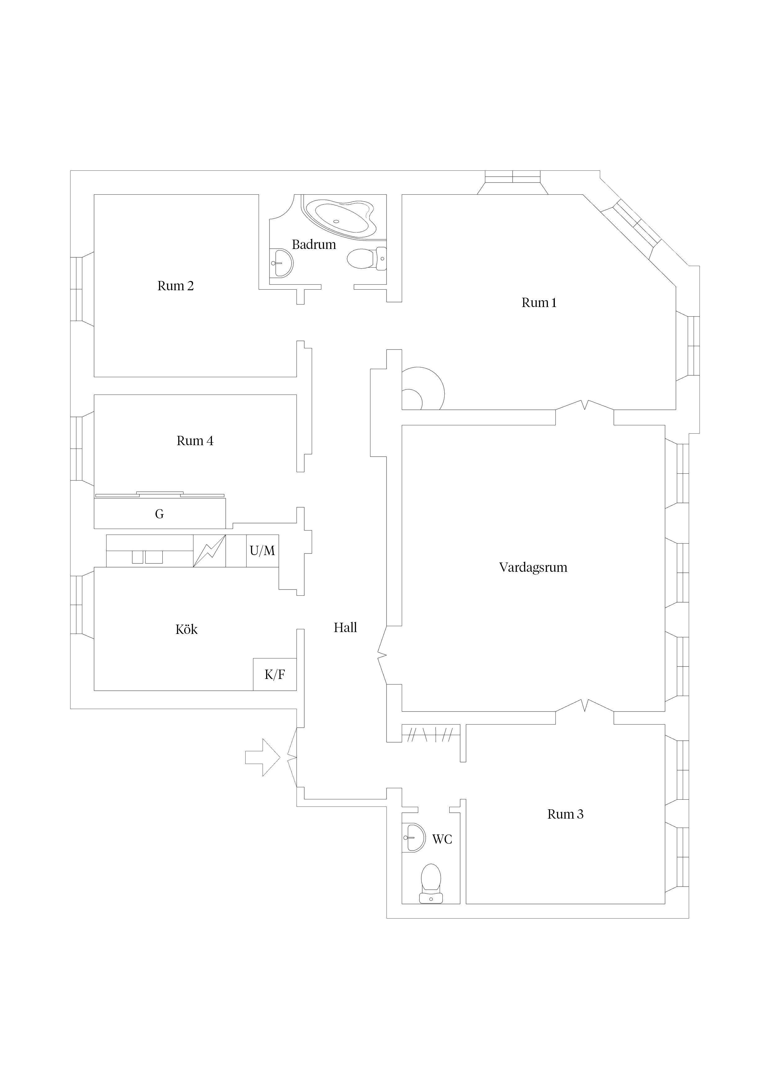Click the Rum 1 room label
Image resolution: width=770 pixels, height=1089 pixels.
(539, 303)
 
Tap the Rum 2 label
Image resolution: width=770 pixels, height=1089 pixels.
(175, 286)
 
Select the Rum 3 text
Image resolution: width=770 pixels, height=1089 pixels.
(565, 814)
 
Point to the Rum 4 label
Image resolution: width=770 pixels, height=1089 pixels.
(195, 441)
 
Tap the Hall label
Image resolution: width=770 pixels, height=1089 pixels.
(345, 627)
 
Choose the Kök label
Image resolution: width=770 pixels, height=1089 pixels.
(187, 629)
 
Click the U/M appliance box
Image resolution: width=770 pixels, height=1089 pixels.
(262, 551)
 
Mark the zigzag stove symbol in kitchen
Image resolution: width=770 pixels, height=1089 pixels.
(209, 551)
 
